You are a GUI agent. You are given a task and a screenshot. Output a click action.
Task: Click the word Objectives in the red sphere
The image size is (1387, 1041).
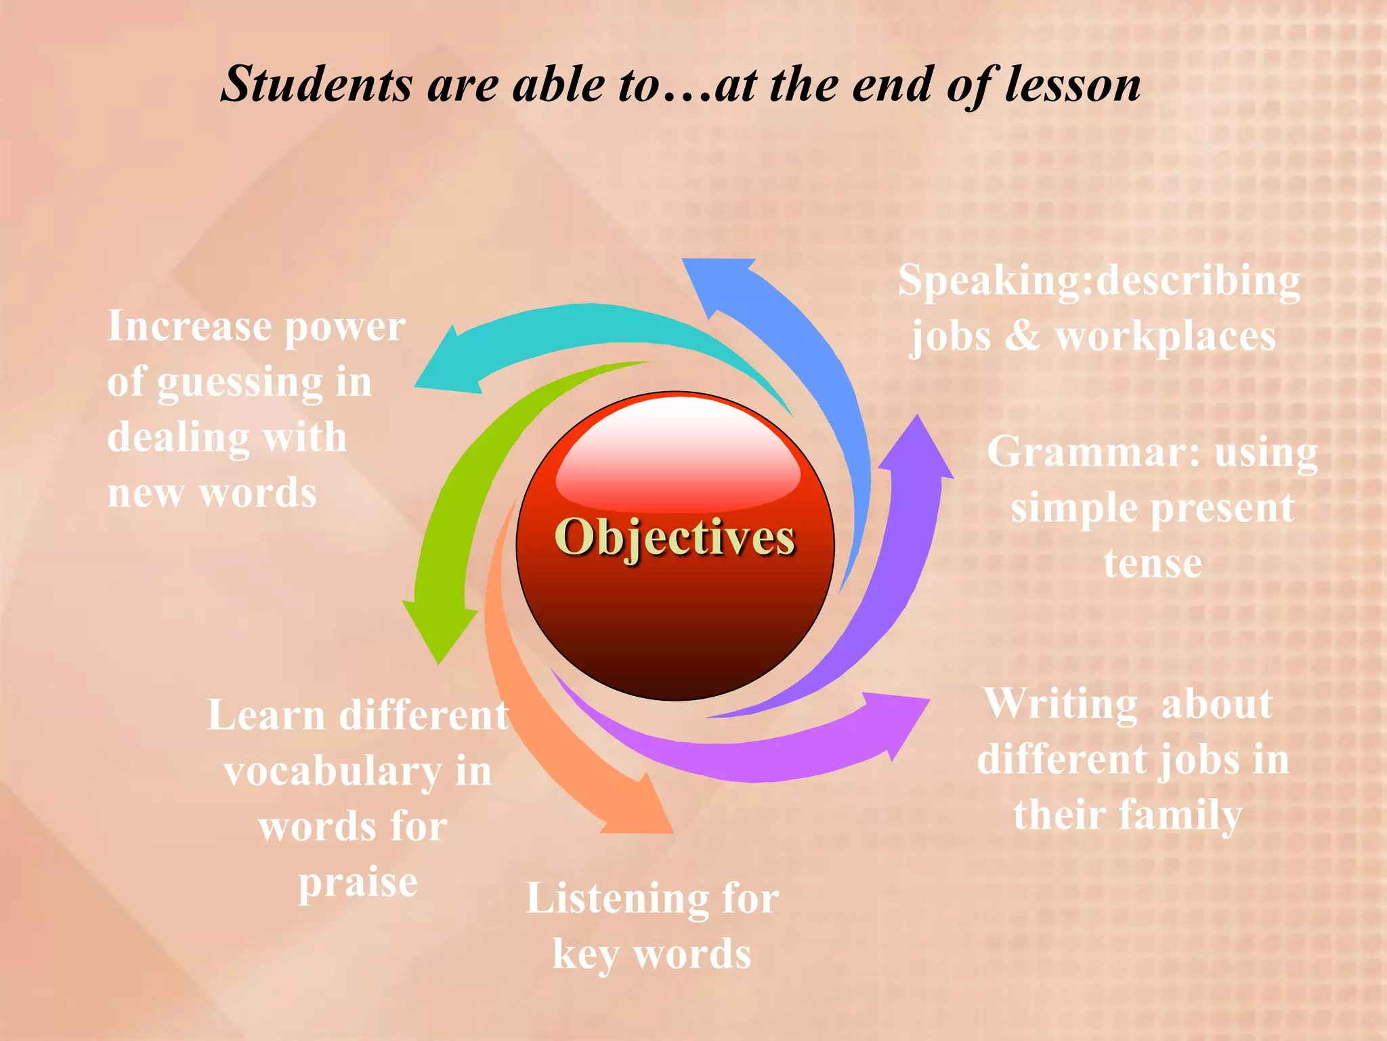pos(675,537)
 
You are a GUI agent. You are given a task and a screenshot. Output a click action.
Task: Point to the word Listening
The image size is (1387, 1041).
pos(617,899)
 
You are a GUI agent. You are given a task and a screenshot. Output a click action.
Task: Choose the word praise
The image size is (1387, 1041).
pos(358,882)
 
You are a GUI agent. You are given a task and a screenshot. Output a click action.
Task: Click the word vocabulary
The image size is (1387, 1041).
pos(333,773)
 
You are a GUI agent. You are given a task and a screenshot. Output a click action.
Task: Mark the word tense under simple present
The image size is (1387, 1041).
pos(1153,563)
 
